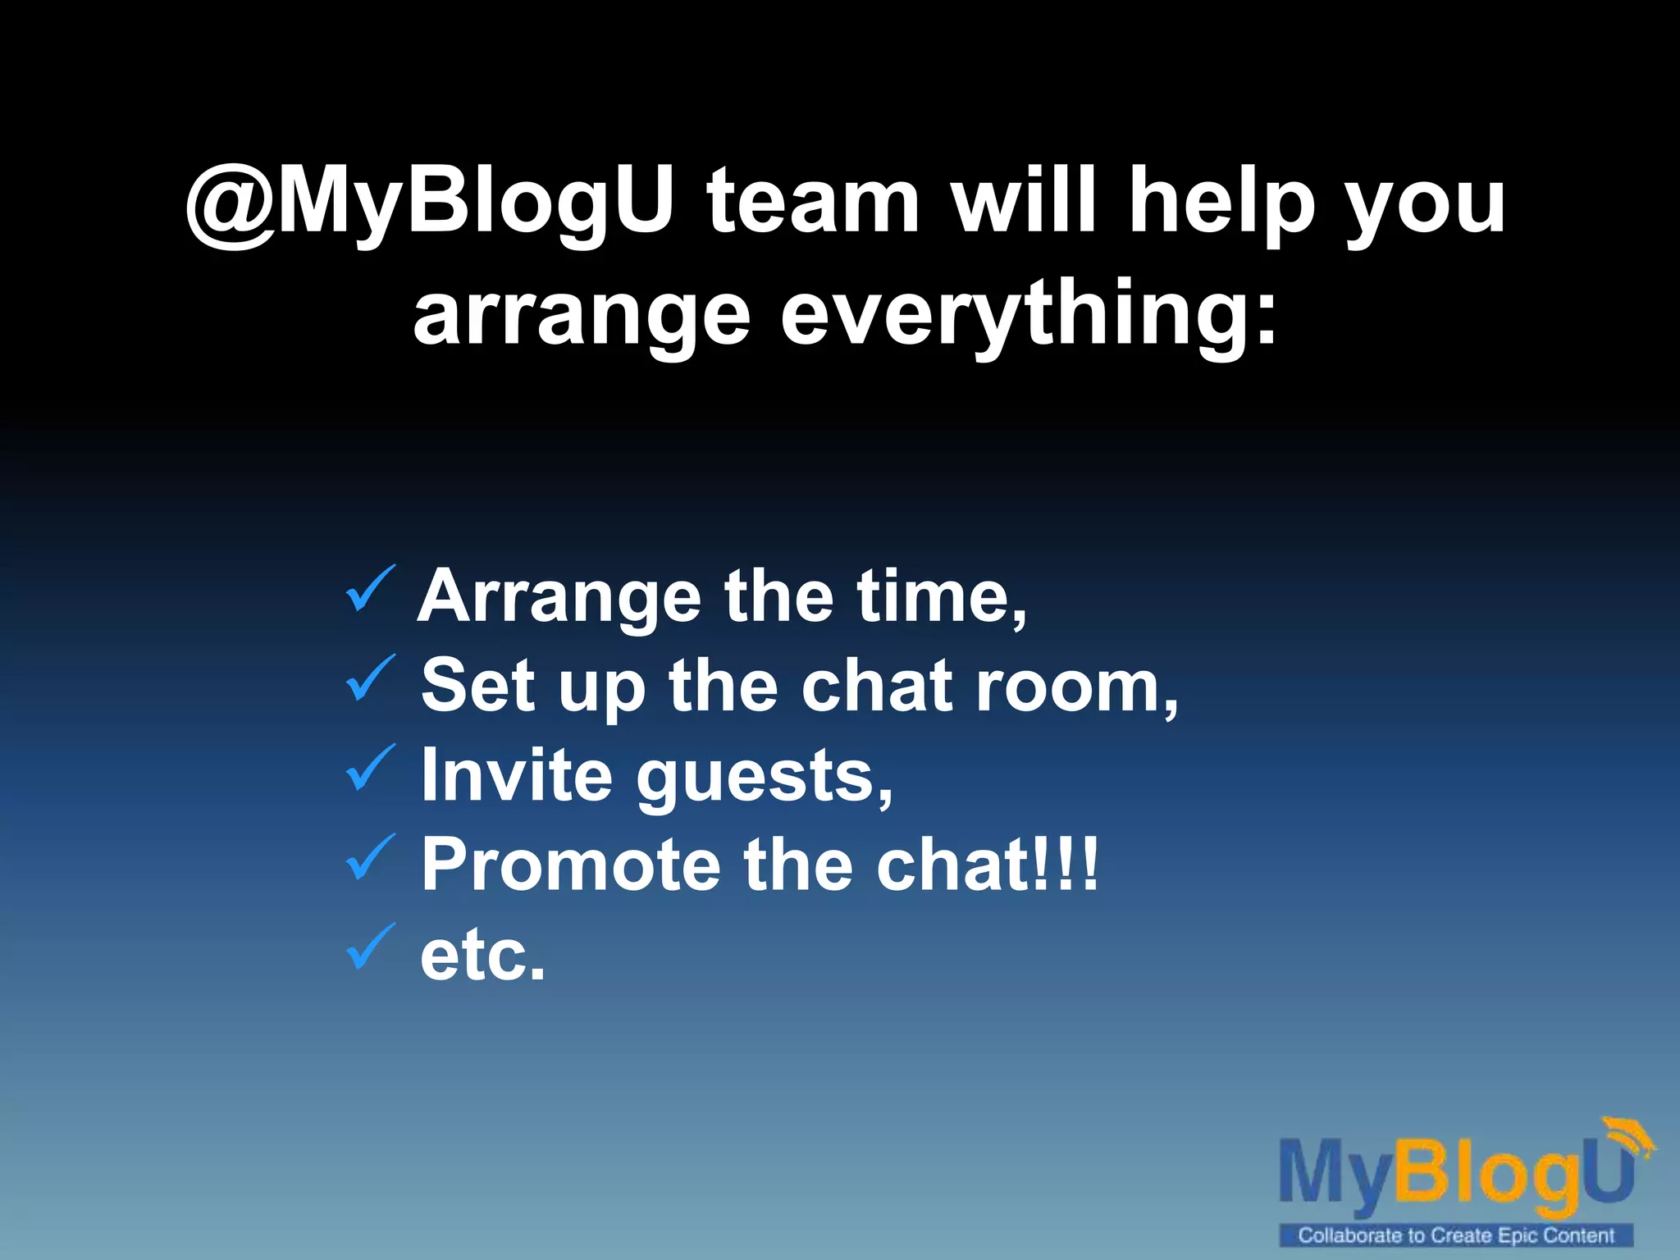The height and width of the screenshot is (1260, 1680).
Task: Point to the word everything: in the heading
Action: click(x=1029, y=317)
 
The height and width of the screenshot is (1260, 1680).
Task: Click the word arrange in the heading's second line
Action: click(x=581, y=317)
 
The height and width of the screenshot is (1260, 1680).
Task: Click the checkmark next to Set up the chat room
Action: click(x=371, y=678)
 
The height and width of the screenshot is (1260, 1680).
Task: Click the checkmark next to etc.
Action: click(x=371, y=947)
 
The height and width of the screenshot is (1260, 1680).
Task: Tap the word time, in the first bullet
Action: click(x=942, y=597)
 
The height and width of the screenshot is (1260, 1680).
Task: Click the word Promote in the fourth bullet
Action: click(x=571, y=865)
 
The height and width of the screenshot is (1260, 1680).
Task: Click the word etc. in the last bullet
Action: click(x=482, y=955)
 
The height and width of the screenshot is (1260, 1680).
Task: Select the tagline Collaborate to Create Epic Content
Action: click(x=1456, y=1235)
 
